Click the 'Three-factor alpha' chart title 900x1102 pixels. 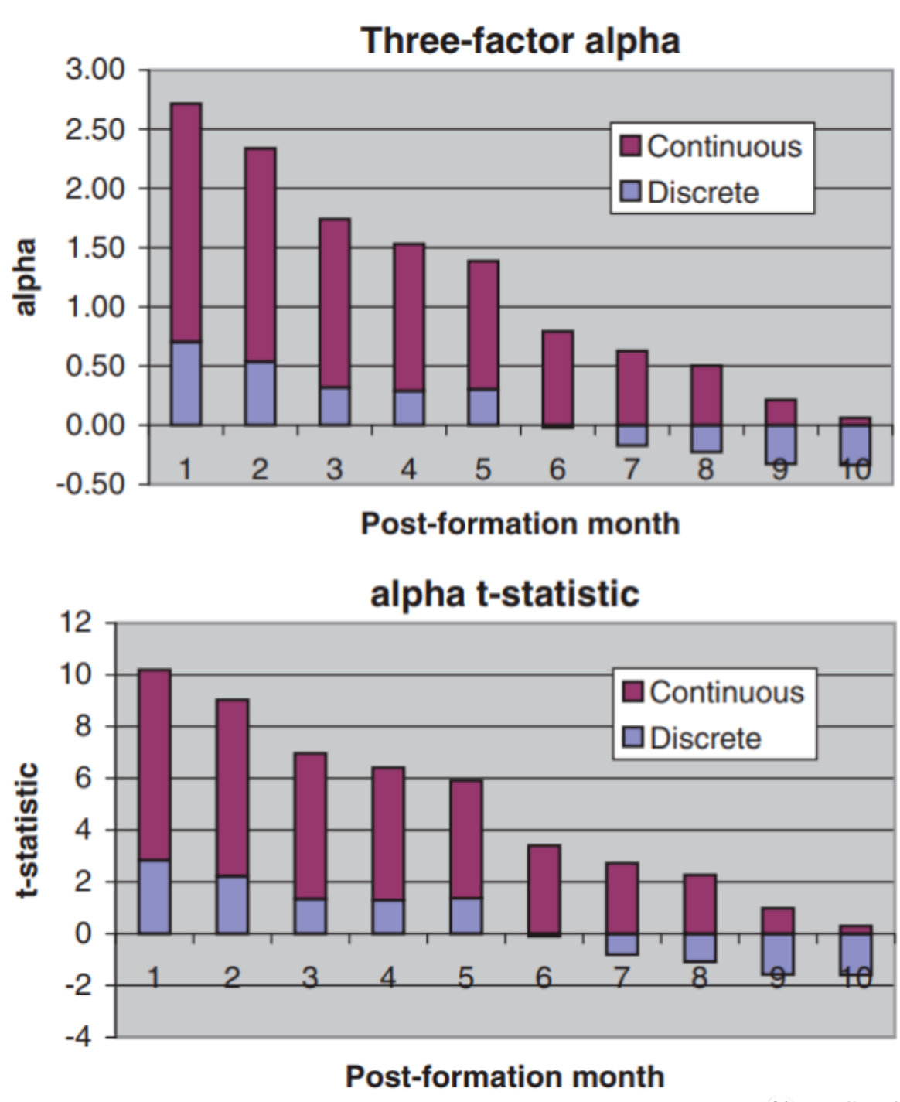[520, 40]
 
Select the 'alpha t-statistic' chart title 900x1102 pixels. [505, 594]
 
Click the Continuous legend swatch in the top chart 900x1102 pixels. [631, 146]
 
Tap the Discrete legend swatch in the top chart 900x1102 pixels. [631, 192]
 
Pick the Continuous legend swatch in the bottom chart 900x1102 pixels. [633, 692]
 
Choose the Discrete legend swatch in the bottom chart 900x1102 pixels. [633, 738]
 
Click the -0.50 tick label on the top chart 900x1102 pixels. [93, 484]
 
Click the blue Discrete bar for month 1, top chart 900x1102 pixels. [186, 384]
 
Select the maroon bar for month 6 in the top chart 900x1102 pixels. [557, 378]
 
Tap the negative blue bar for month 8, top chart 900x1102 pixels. [706, 438]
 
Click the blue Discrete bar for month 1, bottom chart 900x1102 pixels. [155, 897]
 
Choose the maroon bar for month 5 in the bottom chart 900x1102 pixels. [466, 839]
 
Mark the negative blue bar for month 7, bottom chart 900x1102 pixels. [622, 944]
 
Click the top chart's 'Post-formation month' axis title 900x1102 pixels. [520, 524]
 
